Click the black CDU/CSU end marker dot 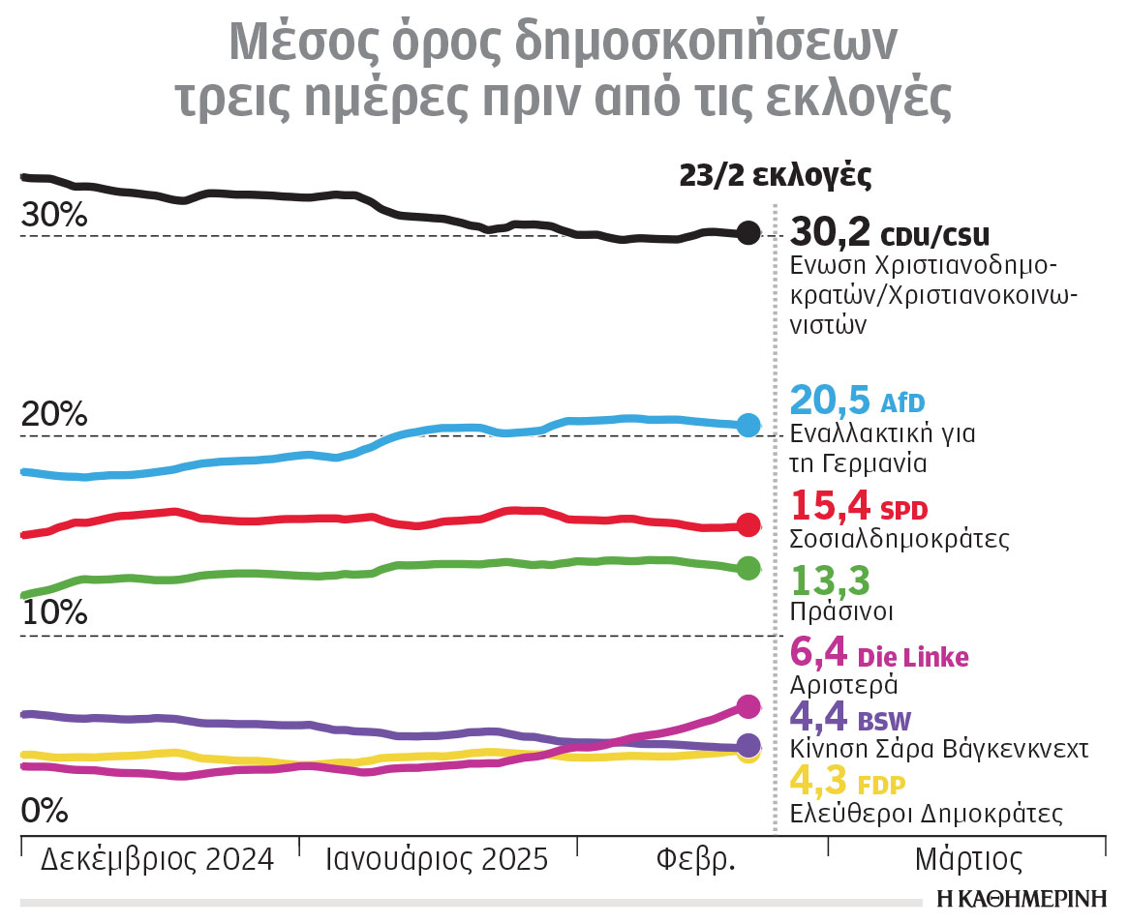[x=748, y=232]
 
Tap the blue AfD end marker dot [x=748, y=425]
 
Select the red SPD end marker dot [x=748, y=525]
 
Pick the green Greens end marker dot [x=748, y=568]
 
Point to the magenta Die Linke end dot [x=748, y=706]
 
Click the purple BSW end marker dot [x=748, y=745]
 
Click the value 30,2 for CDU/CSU [x=830, y=233]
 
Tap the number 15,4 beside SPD [x=830, y=506]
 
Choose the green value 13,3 [x=830, y=581]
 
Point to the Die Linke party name [x=913, y=657]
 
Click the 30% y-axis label [x=54, y=218]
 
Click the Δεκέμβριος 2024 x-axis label [x=157, y=860]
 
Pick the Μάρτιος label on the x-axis [x=968, y=860]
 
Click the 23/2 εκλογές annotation [x=776, y=176]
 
